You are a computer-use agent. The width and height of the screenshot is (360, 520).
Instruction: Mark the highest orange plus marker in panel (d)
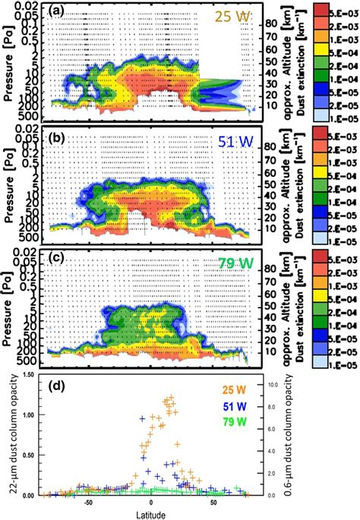coord(169,396)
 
